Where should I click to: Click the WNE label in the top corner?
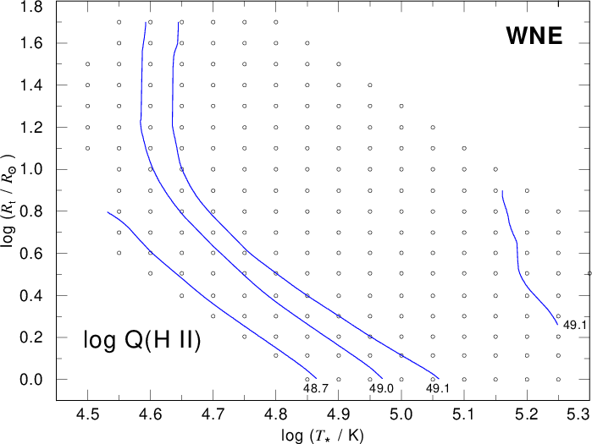(534, 36)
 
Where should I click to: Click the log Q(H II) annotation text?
(142, 340)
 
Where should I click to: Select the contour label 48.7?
(316, 388)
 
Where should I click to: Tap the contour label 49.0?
(381, 388)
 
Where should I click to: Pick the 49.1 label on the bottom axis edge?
(438, 388)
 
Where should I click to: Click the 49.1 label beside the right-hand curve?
(574, 325)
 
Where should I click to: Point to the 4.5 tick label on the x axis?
(87, 414)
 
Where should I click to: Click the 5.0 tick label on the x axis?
(401, 414)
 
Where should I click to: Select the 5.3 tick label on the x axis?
(578, 414)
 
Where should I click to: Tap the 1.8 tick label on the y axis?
(31, 7)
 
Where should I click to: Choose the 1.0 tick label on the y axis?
(31, 170)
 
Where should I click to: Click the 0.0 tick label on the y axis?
(31, 379)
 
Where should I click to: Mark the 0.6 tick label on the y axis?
(31, 253)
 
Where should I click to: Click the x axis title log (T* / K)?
(323, 436)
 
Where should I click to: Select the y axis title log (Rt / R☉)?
(9, 201)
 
